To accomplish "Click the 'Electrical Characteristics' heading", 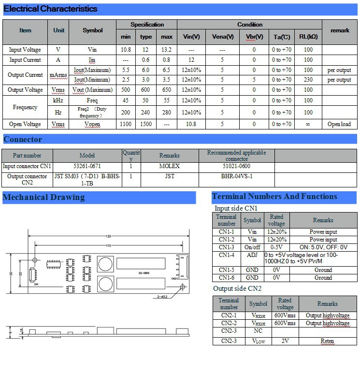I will point(50,9).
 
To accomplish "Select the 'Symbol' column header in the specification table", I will point(93,30).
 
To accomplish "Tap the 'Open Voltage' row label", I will point(25,124).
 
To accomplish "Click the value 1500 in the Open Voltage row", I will point(146,124).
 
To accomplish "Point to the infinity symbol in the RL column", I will point(308,124).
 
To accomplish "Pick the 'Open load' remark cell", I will point(339,124).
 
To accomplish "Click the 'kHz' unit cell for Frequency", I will point(58,100).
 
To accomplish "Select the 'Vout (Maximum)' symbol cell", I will point(93,90).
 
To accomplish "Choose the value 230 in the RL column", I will point(308,80).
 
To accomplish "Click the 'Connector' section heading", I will point(23,140).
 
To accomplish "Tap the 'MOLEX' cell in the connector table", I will point(169,166).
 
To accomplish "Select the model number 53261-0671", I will point(87,166).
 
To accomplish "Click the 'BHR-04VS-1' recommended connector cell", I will point(236,176).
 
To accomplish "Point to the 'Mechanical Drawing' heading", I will point(43,197).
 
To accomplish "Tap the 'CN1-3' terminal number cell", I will point(226,247).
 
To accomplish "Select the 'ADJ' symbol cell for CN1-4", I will point(252,255).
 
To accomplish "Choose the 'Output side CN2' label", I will point(237,288).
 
